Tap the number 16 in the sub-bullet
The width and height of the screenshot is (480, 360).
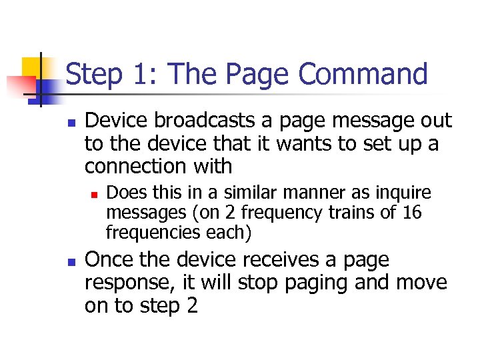pyautogui.click(x=411, y=213)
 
